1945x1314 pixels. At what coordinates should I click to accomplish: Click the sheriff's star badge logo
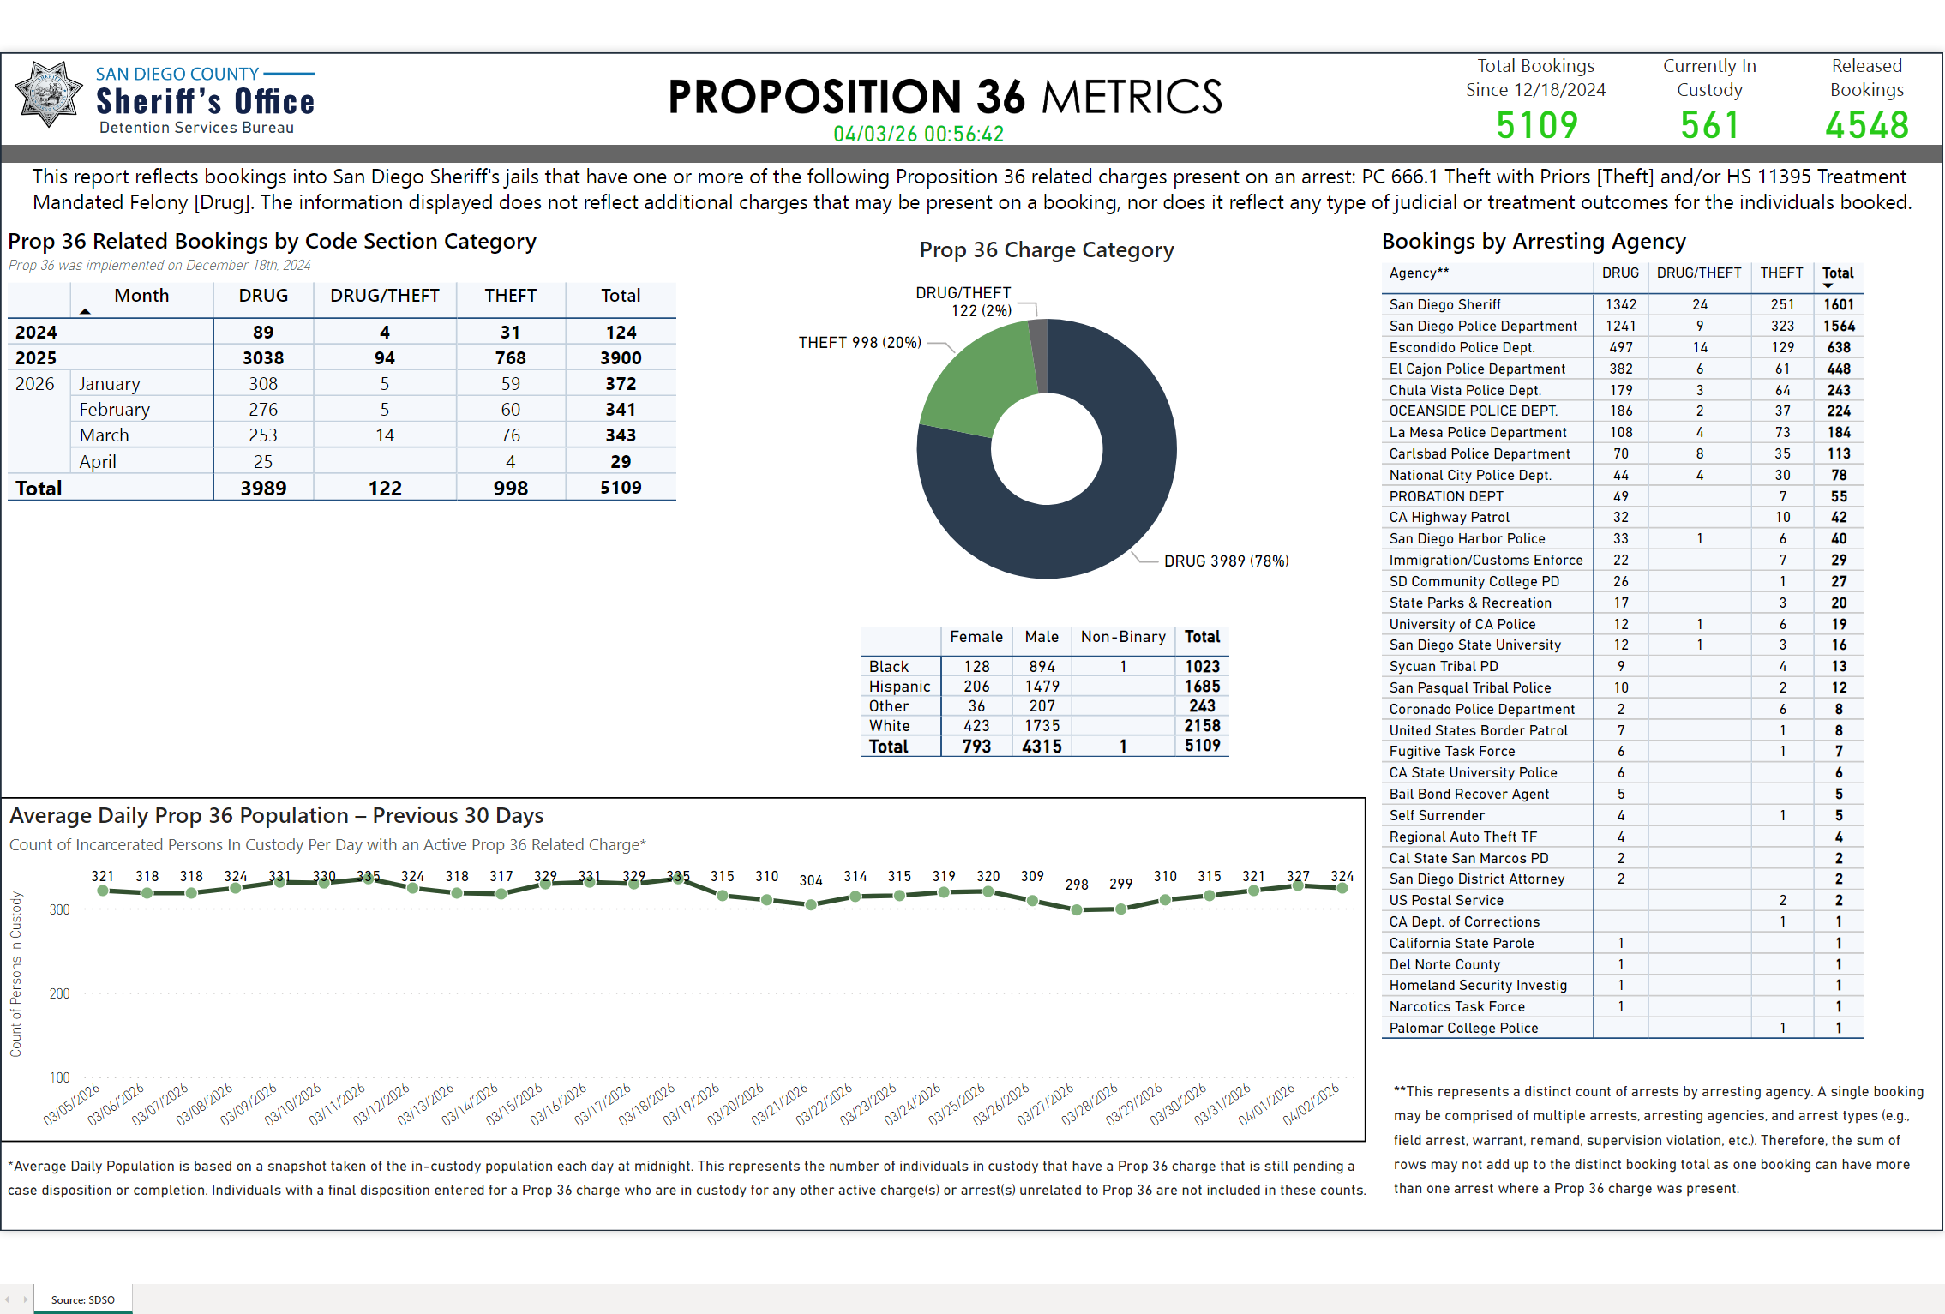point(49,94)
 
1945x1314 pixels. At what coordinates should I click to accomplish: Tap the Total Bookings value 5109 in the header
point(1536,126)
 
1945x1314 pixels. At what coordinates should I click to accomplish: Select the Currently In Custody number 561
point(1709,126)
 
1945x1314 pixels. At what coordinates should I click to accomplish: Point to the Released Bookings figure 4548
point(1866,126)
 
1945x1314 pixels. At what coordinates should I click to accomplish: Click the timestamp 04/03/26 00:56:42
point(918,135)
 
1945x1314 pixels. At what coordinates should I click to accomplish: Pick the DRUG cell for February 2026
point(263,410)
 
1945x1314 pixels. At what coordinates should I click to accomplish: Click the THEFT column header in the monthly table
point(510,296)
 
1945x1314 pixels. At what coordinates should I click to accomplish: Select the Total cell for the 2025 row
point(621,358)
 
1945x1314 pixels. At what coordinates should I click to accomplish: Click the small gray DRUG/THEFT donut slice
point(1038,351)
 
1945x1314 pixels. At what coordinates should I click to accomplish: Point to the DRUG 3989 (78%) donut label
point(1226,561)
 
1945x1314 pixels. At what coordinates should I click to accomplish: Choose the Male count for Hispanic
point(1042,687)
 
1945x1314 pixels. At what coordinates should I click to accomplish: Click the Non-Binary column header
point(1123,637)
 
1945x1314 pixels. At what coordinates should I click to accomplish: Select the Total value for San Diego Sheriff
point(1839,304)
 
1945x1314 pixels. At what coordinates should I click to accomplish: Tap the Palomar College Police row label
point(1463,1028)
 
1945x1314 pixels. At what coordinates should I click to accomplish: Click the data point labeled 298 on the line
point(1077,909)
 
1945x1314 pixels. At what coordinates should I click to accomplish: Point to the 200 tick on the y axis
point(60,993)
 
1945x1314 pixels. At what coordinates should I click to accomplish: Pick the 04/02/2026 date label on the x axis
point(1312,1104)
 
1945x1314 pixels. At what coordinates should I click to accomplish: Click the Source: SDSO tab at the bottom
point(82,1299)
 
